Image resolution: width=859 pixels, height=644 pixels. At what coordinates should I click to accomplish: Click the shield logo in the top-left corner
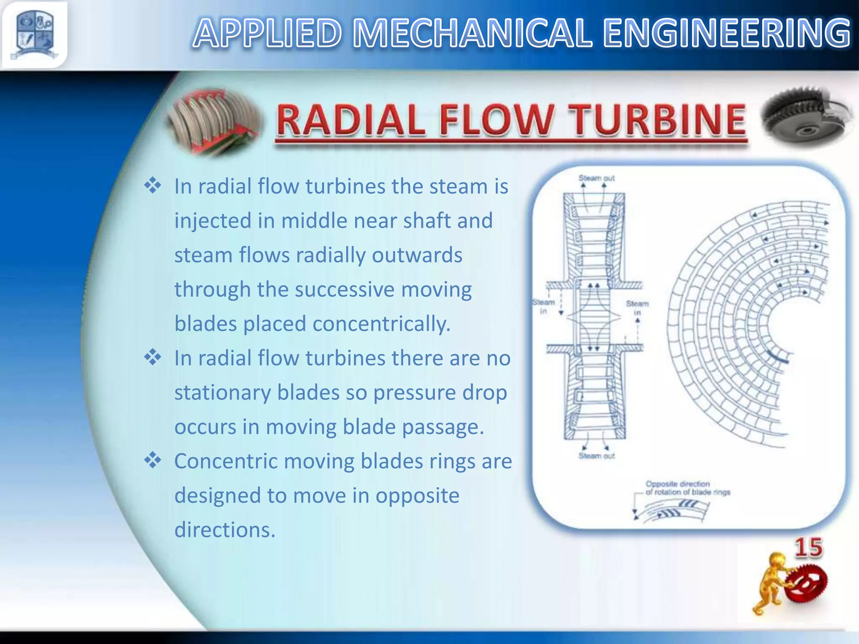pos(34,34)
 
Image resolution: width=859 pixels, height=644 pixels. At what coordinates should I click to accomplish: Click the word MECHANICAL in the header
pos(472,34)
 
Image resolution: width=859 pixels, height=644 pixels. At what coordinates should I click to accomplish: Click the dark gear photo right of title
pos(805,119)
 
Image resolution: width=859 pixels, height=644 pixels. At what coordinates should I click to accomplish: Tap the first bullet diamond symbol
pos(153,186)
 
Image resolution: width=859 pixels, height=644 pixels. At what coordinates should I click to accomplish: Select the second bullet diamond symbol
pos(153,358)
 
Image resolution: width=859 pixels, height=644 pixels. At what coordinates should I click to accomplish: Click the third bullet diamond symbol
pos(153,461)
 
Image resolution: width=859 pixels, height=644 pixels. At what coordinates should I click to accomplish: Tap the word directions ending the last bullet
pos(225,530)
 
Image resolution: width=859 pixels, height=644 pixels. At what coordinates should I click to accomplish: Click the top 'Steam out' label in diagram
pos(596,178)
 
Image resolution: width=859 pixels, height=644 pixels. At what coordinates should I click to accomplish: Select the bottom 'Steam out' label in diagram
pos(596,456)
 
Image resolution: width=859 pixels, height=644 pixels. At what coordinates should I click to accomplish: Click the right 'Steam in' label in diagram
pos(637,307)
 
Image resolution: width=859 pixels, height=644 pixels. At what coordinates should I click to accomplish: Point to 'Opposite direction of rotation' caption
pos(687,488)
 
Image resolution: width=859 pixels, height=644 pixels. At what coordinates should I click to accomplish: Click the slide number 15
pos(808,548)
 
